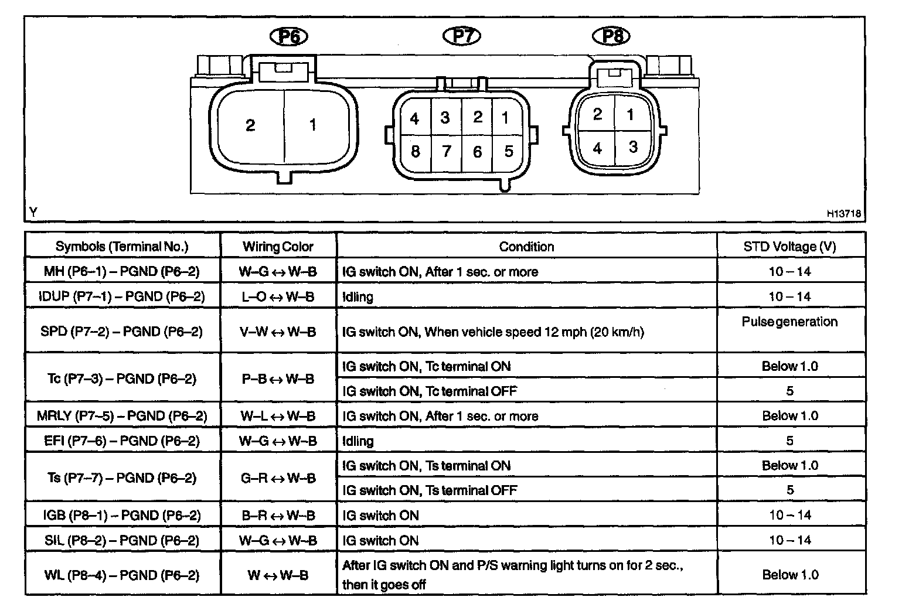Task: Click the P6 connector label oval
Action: (x=288, y=37)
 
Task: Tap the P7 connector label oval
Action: (x=462, y=36)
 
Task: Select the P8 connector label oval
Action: (x=612, y=36)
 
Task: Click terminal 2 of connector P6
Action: (x=250, y=125)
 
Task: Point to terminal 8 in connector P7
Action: (x=415, y=152)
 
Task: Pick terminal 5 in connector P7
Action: (x=508, y=152)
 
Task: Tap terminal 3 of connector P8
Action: (x=633, y=146)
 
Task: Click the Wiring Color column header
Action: (x=278, y=247)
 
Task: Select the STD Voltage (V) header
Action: (x=789, y=247)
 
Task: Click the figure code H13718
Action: (x=844, y=214)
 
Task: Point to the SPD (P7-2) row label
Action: (x=122, y=332)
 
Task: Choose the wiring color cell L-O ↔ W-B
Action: (x=278, y=297)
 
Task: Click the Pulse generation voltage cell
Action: (x=789, y=322)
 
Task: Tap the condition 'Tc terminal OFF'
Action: (x=430, y=391)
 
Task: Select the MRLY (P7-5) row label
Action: (x=122, y=416)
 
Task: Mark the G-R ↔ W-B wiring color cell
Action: (x=278, y=478)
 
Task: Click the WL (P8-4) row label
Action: (x=122, y=575)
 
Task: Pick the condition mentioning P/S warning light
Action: (x=513, y=575)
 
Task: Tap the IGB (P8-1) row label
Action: (x=122, y=516)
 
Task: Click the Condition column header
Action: (x=526, y=247)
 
